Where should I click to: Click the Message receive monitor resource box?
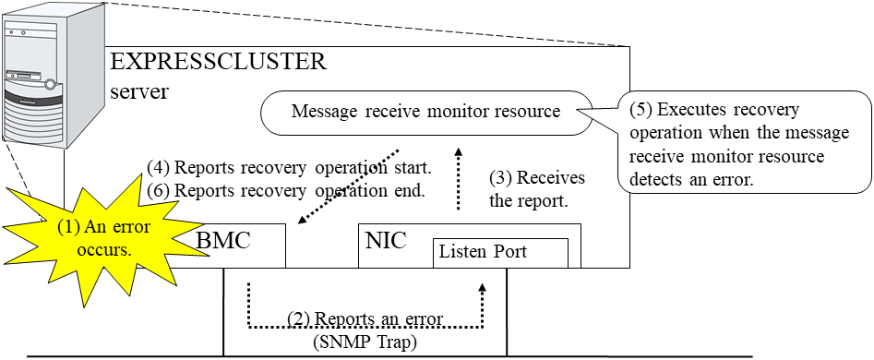pos(425,112)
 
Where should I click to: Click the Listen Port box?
pos(500,252)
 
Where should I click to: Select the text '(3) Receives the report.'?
pos(537,188)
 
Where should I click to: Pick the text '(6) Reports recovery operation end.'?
pos(286,191)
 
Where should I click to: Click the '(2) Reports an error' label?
pos(365,318)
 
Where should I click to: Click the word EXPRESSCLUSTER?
pos(218,63)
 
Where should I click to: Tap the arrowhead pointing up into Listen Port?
pos(481,287)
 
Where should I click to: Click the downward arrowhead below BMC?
pos(249,289)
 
